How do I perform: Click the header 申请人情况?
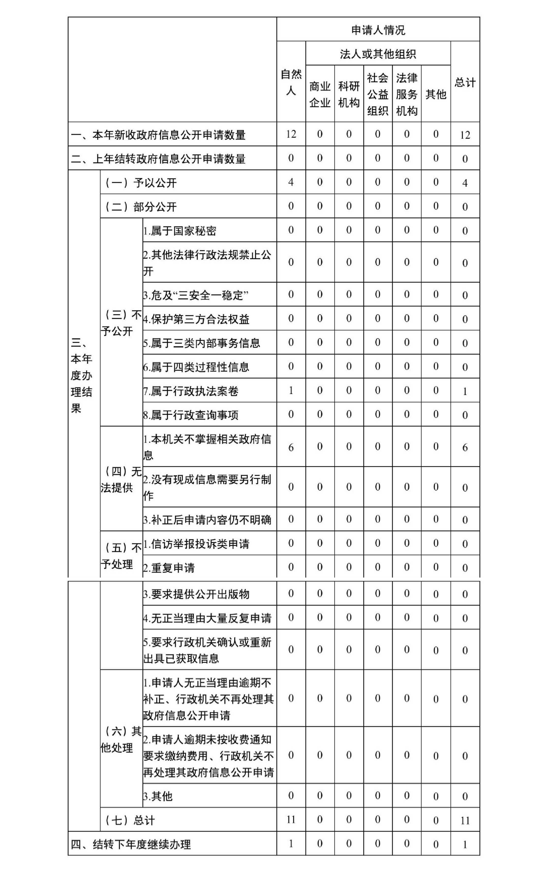click(378, 30)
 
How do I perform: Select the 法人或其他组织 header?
click(378, 54)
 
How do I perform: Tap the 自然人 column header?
click(291, 82)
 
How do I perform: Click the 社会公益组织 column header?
click(378, 94)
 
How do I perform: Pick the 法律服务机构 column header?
click(407, 94)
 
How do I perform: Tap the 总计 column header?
click(465, 82)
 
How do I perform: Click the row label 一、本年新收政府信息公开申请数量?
click(158, 135)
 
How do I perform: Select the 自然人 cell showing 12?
click(291, 134)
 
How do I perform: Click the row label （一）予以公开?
click(141, 183)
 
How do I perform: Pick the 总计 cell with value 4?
click(465, 183)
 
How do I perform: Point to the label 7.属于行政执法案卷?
click(191, 391)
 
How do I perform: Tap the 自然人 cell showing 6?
click(291, 447)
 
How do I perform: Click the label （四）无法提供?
click(121, 479)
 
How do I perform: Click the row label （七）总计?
click(130, 820)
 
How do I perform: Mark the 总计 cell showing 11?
click(465, 820)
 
